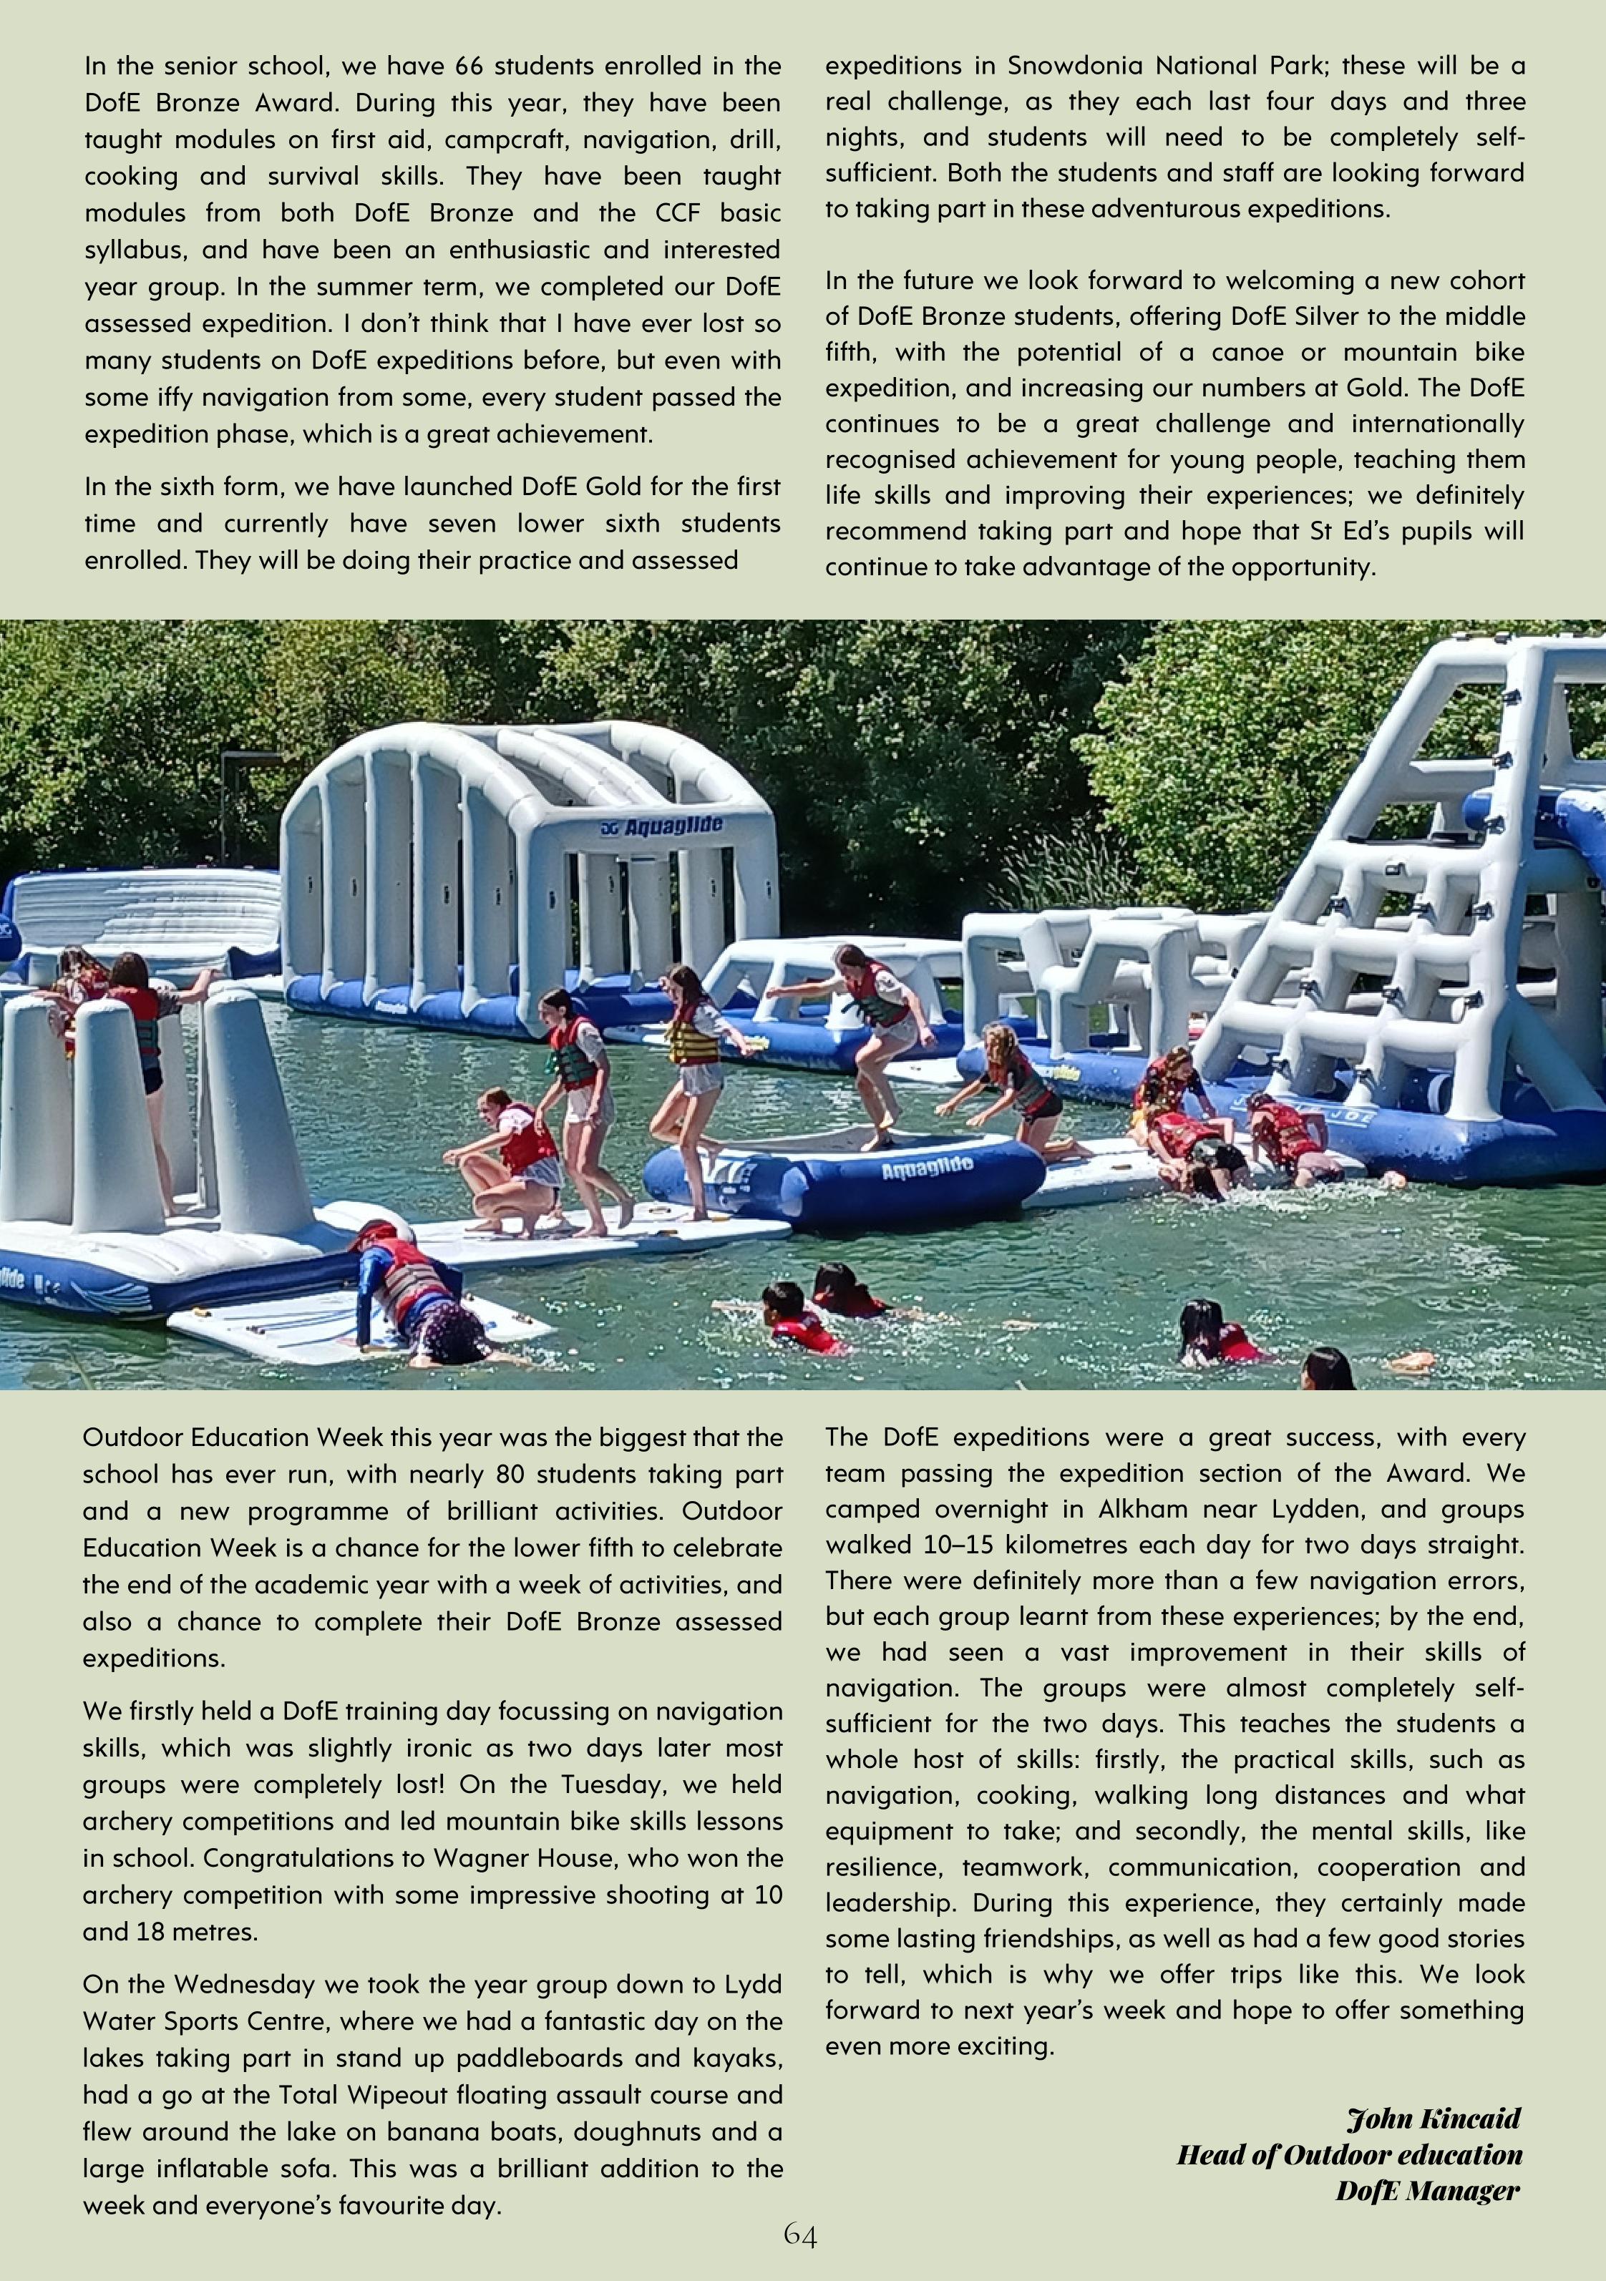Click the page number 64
coord(800,2235)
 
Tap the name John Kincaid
coord(1433,2118)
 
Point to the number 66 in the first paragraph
coord(468,66)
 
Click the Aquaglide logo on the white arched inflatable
coord(662,826)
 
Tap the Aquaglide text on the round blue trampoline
coord(926,1169)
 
